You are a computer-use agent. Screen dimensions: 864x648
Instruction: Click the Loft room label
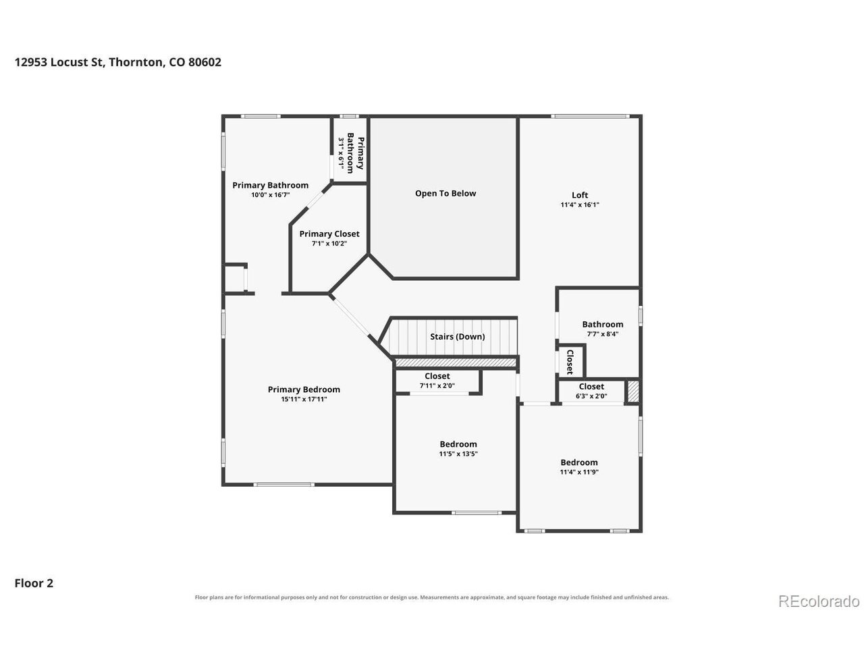click(579, 195)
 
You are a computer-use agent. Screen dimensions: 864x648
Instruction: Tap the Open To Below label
click(446, 193)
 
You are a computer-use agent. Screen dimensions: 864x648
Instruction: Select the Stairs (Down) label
click(457, 336)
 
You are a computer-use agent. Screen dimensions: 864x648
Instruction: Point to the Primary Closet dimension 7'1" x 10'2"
click(329, 244)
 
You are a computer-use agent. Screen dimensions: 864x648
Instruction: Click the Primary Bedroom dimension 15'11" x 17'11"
click(304, 399)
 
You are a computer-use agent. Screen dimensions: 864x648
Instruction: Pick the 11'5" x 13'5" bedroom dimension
click(458, 454)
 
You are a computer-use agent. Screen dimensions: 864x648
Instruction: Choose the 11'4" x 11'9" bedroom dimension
click(579, 472)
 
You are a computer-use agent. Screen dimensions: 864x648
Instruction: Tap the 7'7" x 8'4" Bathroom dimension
click(602, 334)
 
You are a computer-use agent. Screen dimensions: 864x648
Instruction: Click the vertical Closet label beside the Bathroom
click(570, 362)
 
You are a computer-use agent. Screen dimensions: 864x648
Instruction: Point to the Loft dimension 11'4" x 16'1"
click(579, 205)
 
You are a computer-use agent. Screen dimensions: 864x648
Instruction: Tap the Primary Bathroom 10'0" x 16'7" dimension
click(271, 195)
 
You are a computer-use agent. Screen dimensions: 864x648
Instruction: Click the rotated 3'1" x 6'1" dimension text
click(342, 155)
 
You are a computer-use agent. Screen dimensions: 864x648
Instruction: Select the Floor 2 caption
click(34, 583)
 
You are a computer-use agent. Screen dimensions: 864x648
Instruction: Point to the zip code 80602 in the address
click(205, 62)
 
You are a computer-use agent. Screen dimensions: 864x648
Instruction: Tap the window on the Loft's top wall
click(590, 116)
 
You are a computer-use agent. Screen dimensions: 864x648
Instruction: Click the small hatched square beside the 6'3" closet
click(633, 391)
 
